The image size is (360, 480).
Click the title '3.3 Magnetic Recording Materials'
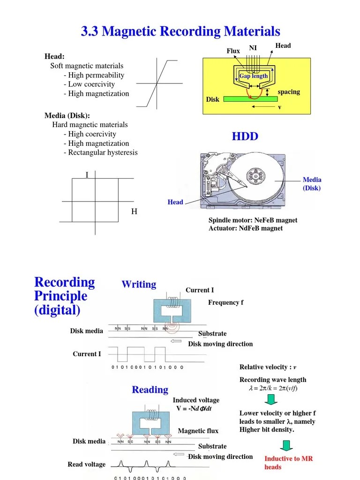point(180,31)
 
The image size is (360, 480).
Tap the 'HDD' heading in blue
point(245,136)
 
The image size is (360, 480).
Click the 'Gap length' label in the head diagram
point(254,76)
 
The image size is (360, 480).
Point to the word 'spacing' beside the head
point(289,91)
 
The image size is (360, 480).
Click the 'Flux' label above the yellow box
point(233,51)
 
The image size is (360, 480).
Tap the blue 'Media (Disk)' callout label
point(312,184)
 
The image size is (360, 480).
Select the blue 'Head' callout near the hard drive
point(175,202)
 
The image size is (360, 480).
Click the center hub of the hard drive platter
point(255,177)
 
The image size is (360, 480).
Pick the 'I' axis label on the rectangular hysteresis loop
point(87,175)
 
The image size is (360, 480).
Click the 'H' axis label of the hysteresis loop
point(134,212)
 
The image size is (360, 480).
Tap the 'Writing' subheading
point(139,285)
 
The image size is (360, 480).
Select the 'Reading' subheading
point(150,390)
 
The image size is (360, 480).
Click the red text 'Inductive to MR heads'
point(288,463)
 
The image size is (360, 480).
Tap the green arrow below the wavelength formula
point(270,399)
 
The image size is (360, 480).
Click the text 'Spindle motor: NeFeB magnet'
point(253,220)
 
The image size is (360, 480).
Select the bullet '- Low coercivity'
point(89,84)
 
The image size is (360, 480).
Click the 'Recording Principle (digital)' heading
point(64,296)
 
